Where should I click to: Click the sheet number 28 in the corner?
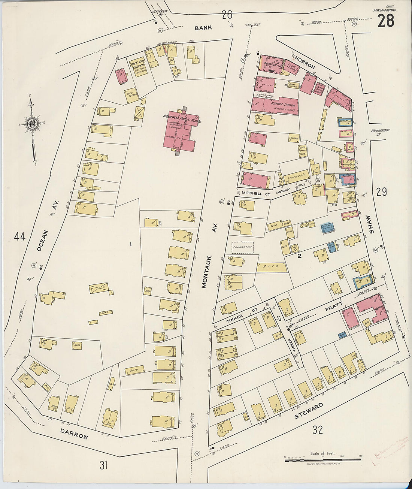tap(385, 21)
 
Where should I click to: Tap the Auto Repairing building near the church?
tap(131, 95)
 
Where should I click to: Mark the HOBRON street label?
tap(305, 64)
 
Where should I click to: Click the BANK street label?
tap(203, 28)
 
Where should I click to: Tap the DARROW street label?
tap(74, 434)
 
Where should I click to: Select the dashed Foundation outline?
tap(243, 247)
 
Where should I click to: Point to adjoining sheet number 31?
tap(104, 465)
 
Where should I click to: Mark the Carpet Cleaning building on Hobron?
tap(292, 69)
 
